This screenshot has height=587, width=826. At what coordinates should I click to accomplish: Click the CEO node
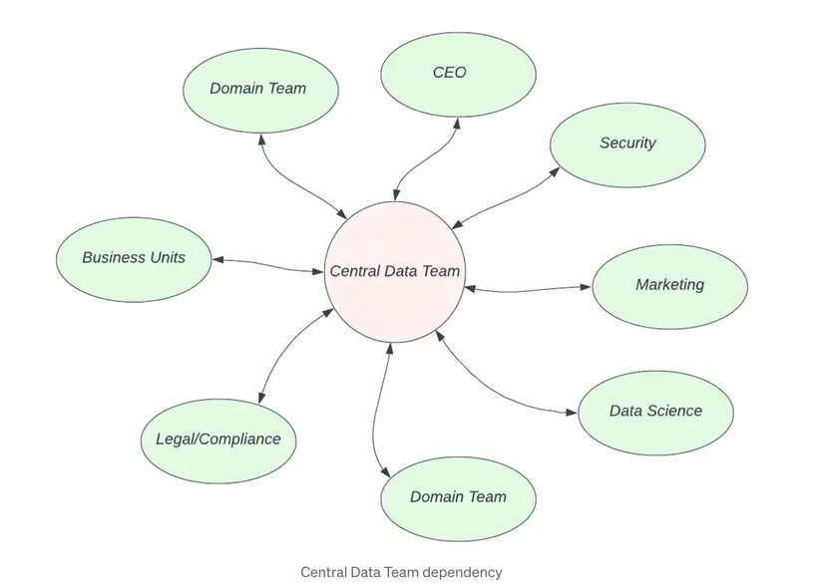[x=458, y=74]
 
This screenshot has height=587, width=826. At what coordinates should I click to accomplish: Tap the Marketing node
[x=669, y=285]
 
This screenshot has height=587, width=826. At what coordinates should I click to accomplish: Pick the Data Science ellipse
[x=655, y=411]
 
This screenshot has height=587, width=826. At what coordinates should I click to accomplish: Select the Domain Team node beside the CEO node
[x=258, y=89]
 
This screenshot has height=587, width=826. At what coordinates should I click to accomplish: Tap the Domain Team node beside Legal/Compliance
[x=458, y=497]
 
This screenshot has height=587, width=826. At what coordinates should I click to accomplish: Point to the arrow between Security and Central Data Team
[x=507, y=198]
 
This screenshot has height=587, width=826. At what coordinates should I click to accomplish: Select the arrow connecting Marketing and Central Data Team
[x=528, y=290]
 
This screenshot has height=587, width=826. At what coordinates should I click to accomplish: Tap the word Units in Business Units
[x=166, y=258]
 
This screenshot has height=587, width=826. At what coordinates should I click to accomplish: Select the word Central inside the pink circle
[x=355, y=271]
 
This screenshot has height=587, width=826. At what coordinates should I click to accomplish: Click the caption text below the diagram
[x=401, y=572]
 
